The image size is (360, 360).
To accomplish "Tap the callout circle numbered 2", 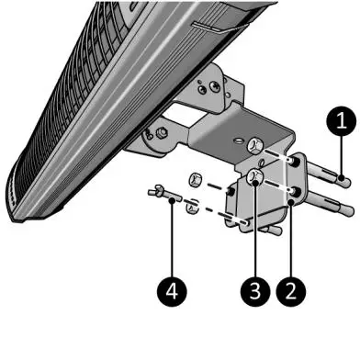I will [291, 291].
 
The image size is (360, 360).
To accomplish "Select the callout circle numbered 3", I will [256, 291].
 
